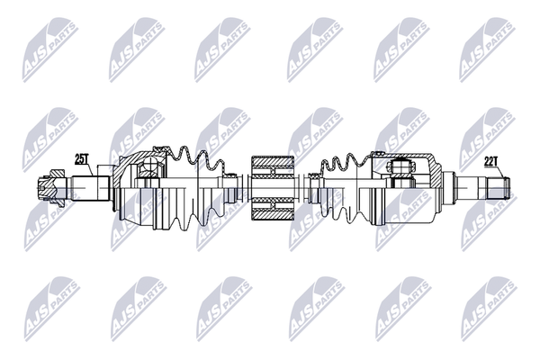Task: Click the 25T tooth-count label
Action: [x=82, y=159]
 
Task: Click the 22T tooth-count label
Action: [x=491, y=162]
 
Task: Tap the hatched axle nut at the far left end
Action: [x=51, y=188]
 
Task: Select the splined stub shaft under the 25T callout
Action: [x=91, y=188]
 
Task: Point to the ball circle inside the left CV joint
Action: [x=149, y=163]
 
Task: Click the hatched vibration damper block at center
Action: [x=273, y=188]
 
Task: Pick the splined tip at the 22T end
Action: [x=499, y=188]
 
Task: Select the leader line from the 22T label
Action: [x=501, y=172]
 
